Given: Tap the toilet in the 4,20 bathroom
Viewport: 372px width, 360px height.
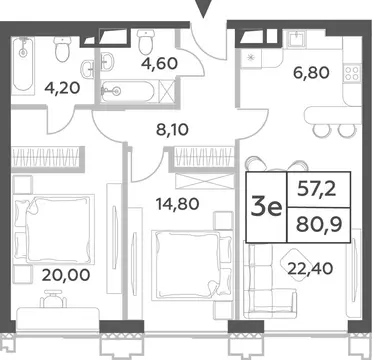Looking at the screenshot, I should pyautogui.click(x=62, y=50).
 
